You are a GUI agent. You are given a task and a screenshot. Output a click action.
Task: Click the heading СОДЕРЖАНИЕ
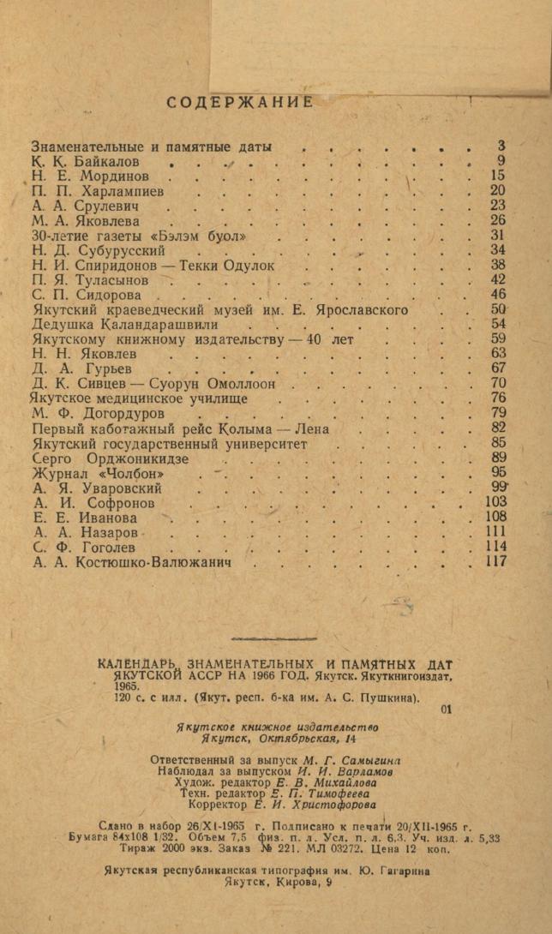tap(240, 102)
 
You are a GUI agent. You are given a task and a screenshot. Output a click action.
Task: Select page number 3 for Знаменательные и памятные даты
tap(501, 146)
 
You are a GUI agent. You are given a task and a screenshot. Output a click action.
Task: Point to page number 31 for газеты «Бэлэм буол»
tap(498, 235)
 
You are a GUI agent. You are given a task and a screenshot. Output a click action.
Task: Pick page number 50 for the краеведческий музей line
tap(498, 309)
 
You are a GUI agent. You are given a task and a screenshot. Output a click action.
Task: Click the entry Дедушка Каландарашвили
tap(125, 325)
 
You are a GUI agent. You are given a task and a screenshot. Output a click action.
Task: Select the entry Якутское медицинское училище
tap(140, 398)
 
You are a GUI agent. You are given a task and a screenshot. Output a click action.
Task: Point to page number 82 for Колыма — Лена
tap(498, 428)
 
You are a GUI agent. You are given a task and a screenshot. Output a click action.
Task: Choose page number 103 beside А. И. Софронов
tap(495, 503)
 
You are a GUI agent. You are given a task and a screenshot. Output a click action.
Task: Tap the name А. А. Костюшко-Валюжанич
tap(132, 563)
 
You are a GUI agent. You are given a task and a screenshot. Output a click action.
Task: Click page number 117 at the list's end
tap(495, 562)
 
